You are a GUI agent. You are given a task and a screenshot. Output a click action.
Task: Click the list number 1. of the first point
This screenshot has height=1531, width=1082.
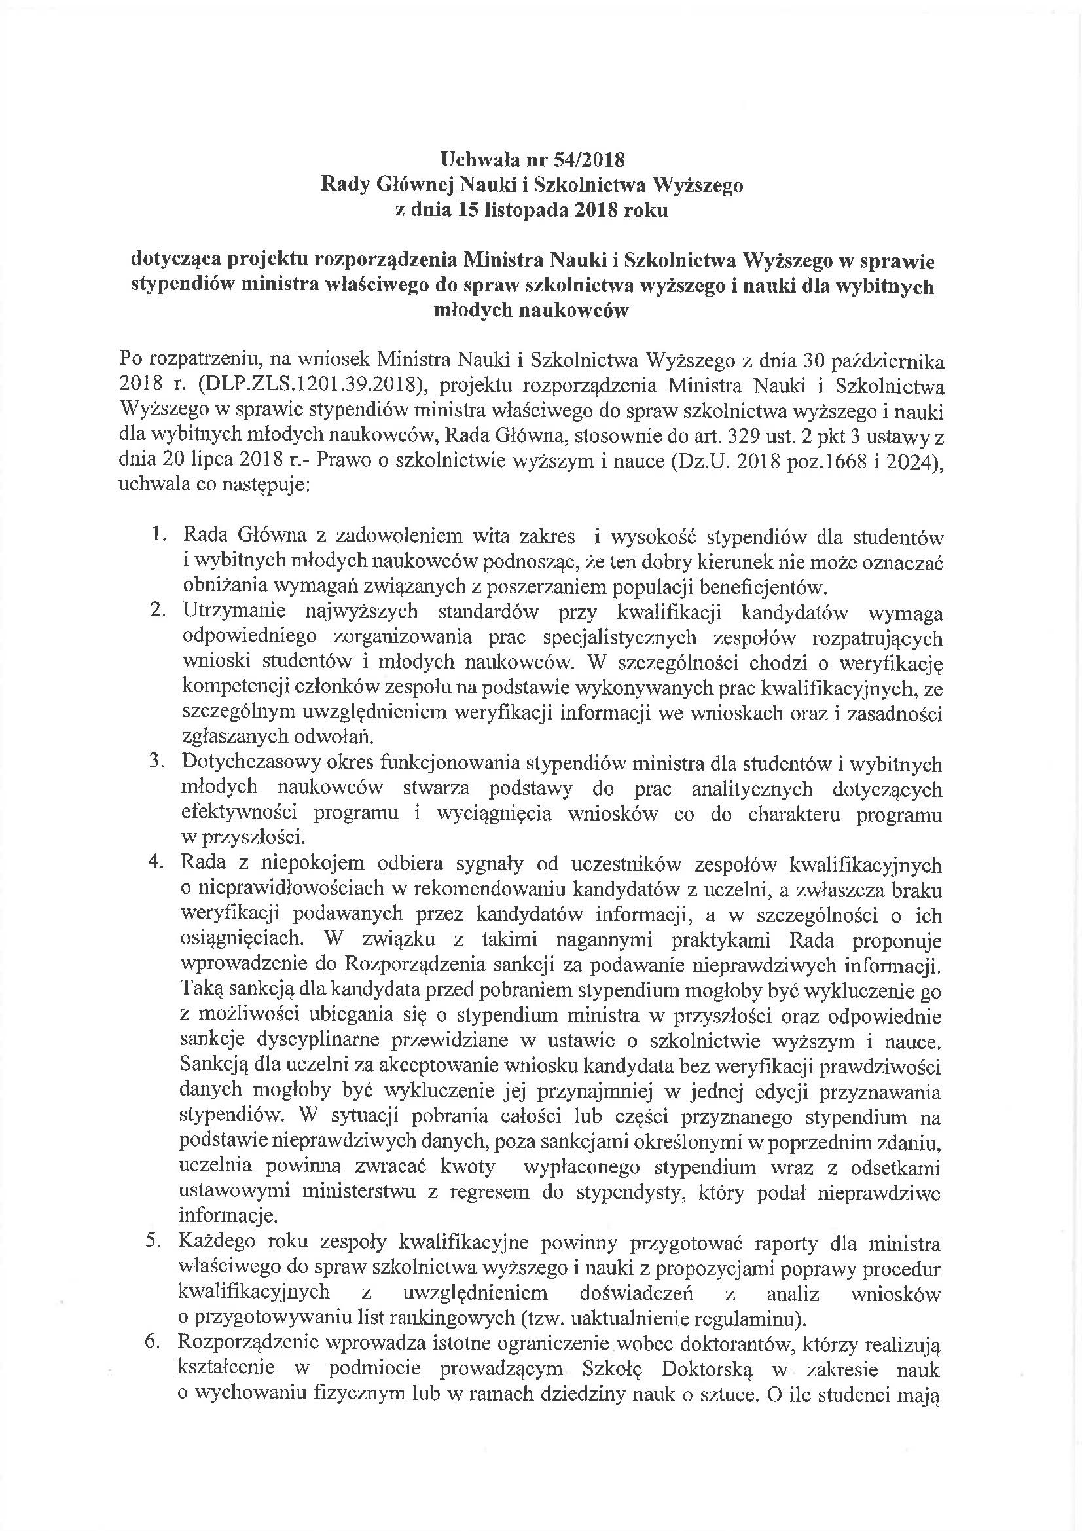(x=158, y=534)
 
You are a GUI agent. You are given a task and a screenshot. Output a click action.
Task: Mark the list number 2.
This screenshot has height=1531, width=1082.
(x=158, y=610)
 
